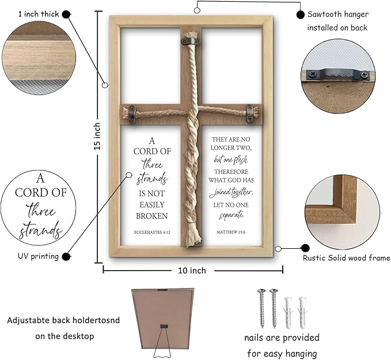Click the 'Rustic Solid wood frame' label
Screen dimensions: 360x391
point(347,258)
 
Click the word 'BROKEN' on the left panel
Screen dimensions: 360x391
point(151,216)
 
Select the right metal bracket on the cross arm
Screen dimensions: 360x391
point(250,112)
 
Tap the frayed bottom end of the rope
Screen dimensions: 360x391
point(191,236)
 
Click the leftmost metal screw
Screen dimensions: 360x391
point(262,308)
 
